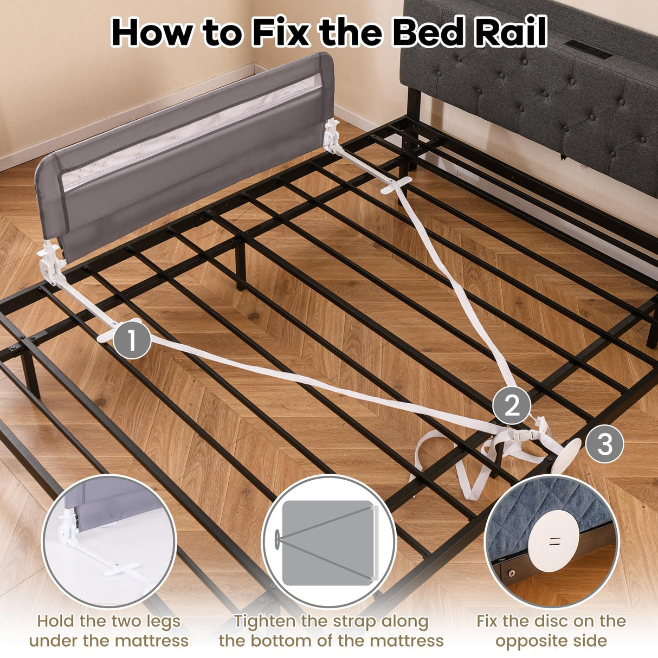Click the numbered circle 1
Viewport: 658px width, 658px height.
point(132,340)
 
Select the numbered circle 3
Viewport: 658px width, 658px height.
point(604,444)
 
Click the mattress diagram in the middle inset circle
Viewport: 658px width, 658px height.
point(328,543)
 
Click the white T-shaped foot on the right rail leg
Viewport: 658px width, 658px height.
point(396,184)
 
